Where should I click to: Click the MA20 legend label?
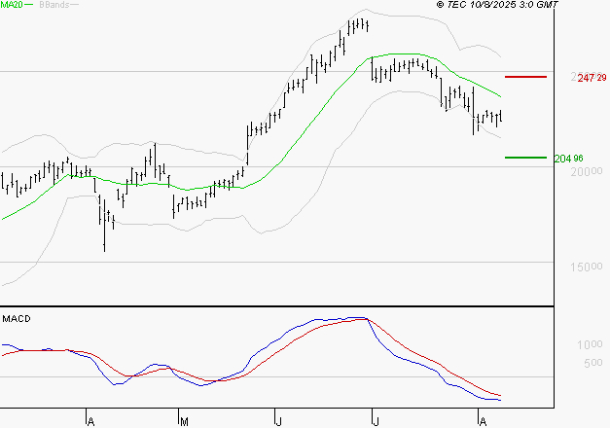point(14,6)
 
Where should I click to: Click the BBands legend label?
point(54,6)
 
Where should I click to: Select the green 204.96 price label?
point(567,158)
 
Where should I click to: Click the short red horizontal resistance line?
point(526,76)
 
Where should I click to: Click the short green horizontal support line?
point(525,158)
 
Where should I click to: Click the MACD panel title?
point(18,318)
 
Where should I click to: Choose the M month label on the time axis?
point(184,420)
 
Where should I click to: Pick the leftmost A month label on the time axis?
point(90,420)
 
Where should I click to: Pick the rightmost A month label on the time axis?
point(481,420)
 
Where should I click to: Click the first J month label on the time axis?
point(278,420)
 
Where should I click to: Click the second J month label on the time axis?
point(375,420)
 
